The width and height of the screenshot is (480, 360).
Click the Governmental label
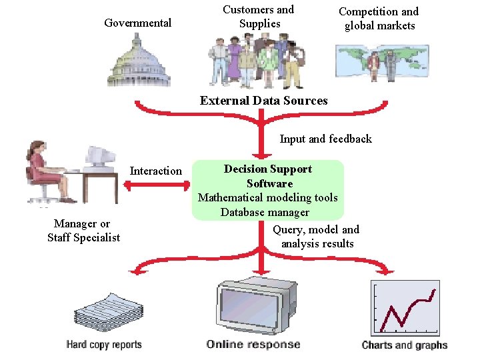[137, 23]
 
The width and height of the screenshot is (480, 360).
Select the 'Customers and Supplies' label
[258, 17]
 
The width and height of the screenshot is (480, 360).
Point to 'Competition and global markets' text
[379, 19]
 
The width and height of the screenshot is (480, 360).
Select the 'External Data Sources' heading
[263, 101]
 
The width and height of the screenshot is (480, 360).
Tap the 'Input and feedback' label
[325, 139]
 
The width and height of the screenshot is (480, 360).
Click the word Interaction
[155, 171]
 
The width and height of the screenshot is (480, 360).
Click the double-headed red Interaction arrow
[155, 187]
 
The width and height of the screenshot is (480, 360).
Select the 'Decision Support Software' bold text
[268, 176]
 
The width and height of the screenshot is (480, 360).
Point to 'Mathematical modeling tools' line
[268, 197]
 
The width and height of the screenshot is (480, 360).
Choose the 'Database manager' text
[265, 212]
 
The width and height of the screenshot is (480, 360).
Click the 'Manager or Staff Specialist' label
[83, 231]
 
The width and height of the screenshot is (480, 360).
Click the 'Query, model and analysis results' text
[316, 237]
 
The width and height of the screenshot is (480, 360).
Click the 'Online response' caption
[253, 345]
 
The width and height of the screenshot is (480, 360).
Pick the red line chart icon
[405, 307]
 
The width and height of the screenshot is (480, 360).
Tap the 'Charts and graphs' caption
[405, 345]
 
